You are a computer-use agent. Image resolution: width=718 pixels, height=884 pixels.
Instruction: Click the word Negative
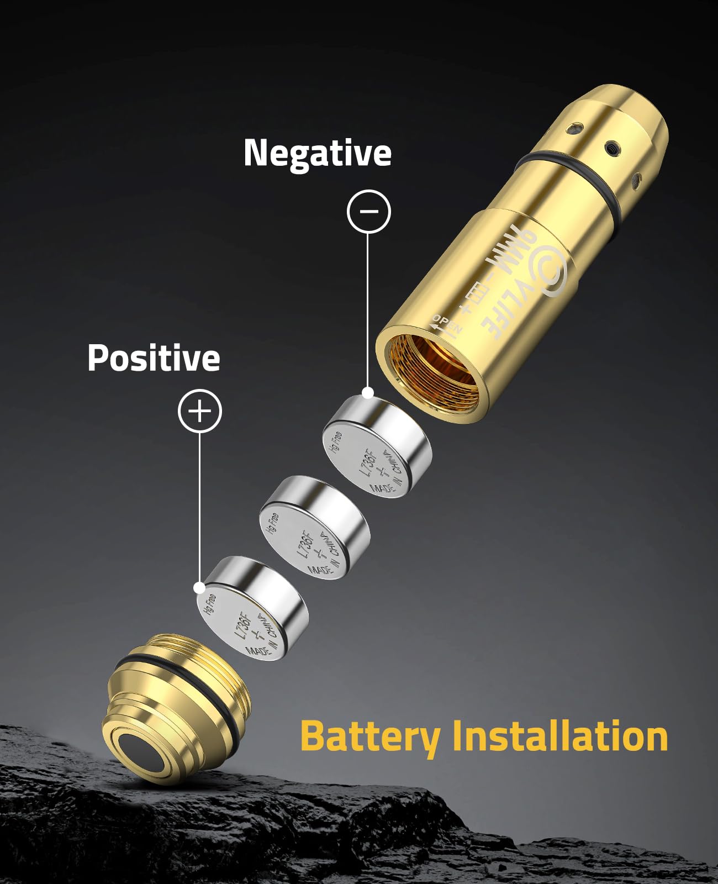318,153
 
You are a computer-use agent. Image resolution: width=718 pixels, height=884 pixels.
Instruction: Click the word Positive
154,358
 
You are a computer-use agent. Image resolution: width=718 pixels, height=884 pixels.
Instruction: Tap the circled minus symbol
368,211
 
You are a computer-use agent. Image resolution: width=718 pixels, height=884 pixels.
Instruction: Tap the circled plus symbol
199,411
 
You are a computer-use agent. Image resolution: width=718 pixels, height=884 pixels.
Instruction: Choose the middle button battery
313,528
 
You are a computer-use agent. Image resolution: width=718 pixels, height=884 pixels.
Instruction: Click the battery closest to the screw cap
251,608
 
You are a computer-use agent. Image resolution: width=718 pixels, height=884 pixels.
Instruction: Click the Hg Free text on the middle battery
272,523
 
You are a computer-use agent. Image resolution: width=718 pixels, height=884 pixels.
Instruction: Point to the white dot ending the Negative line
368,393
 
